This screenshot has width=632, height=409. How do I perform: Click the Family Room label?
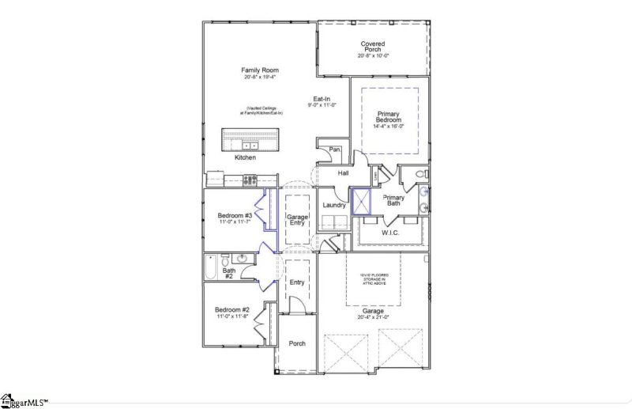click(x=260, y=70)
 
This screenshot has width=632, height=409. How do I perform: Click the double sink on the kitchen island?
click(x=250, y=146)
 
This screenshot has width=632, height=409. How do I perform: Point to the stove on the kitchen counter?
click(x=250, y=180)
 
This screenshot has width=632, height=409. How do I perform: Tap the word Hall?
click(x=344, y=172)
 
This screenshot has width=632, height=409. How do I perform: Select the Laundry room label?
click(x=335, y=205)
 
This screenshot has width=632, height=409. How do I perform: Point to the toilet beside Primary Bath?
click(x=420, y=173)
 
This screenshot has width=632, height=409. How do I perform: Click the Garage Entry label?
click(x=296, y=219)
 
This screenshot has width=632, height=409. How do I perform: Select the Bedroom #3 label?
click(x=235, y=216)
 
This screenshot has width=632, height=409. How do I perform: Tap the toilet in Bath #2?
click(x=226, y=260)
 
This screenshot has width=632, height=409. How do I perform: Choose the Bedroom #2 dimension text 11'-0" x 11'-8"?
click(x=235, y=316)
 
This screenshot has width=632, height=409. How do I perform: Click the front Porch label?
click(x=297, y=343)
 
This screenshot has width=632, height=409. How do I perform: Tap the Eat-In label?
click(x=322, y=98)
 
